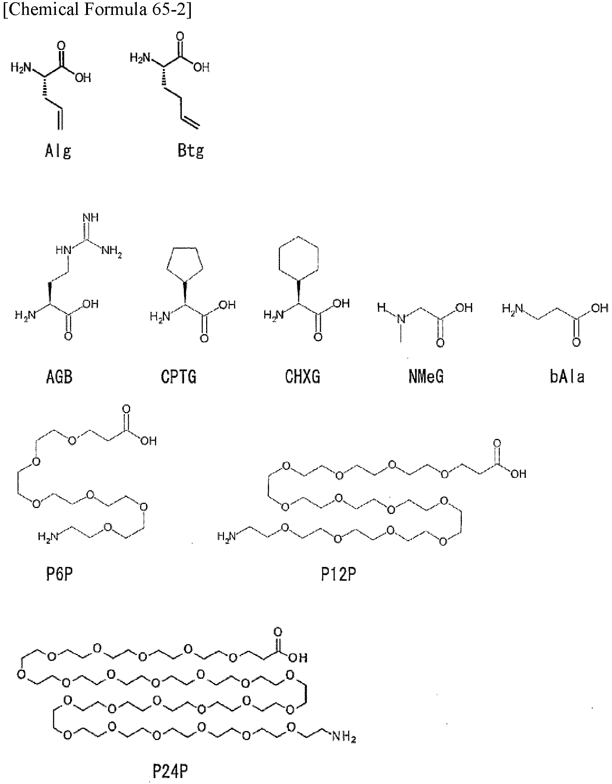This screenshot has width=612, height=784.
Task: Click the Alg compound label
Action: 58,151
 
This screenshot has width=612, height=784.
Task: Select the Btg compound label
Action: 191,151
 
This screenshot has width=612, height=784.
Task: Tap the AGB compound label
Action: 59,377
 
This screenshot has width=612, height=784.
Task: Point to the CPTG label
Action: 179,377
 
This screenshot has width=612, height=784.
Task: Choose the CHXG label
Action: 302,377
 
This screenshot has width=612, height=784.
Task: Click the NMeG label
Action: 426,377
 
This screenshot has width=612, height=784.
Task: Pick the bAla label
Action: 567,377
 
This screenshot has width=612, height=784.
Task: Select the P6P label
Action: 59,575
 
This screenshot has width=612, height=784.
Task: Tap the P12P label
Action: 338,575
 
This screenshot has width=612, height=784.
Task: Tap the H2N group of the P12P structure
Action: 227,536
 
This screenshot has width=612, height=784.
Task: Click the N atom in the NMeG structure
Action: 401,319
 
